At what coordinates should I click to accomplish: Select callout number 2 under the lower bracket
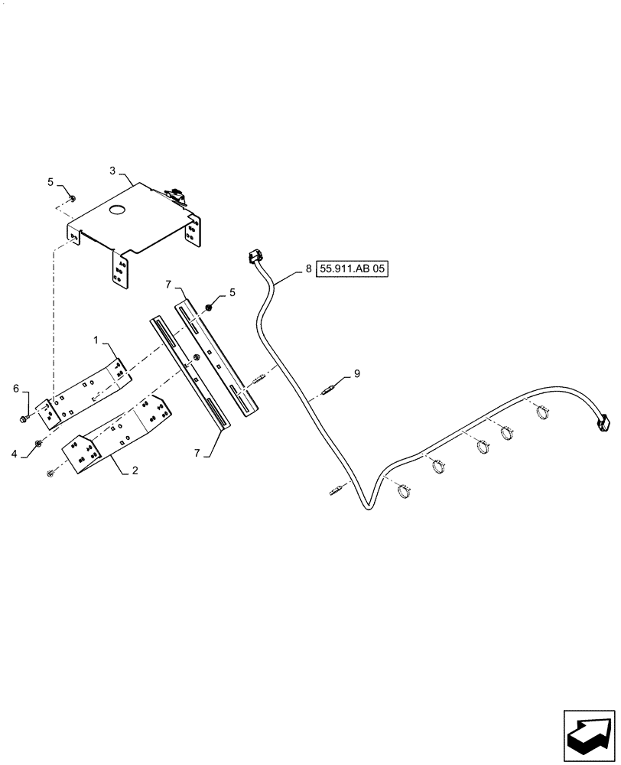tap(135, 471)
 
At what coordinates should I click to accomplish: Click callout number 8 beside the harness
tap(308, 269)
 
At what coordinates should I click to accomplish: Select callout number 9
tap(356, 374)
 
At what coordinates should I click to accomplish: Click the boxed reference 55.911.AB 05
tap(353, 269)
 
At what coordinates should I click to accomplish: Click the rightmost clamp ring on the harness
tap(544, 413)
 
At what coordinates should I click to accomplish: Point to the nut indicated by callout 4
tap(39, 444)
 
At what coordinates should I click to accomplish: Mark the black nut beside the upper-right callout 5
tap(208, 308)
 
